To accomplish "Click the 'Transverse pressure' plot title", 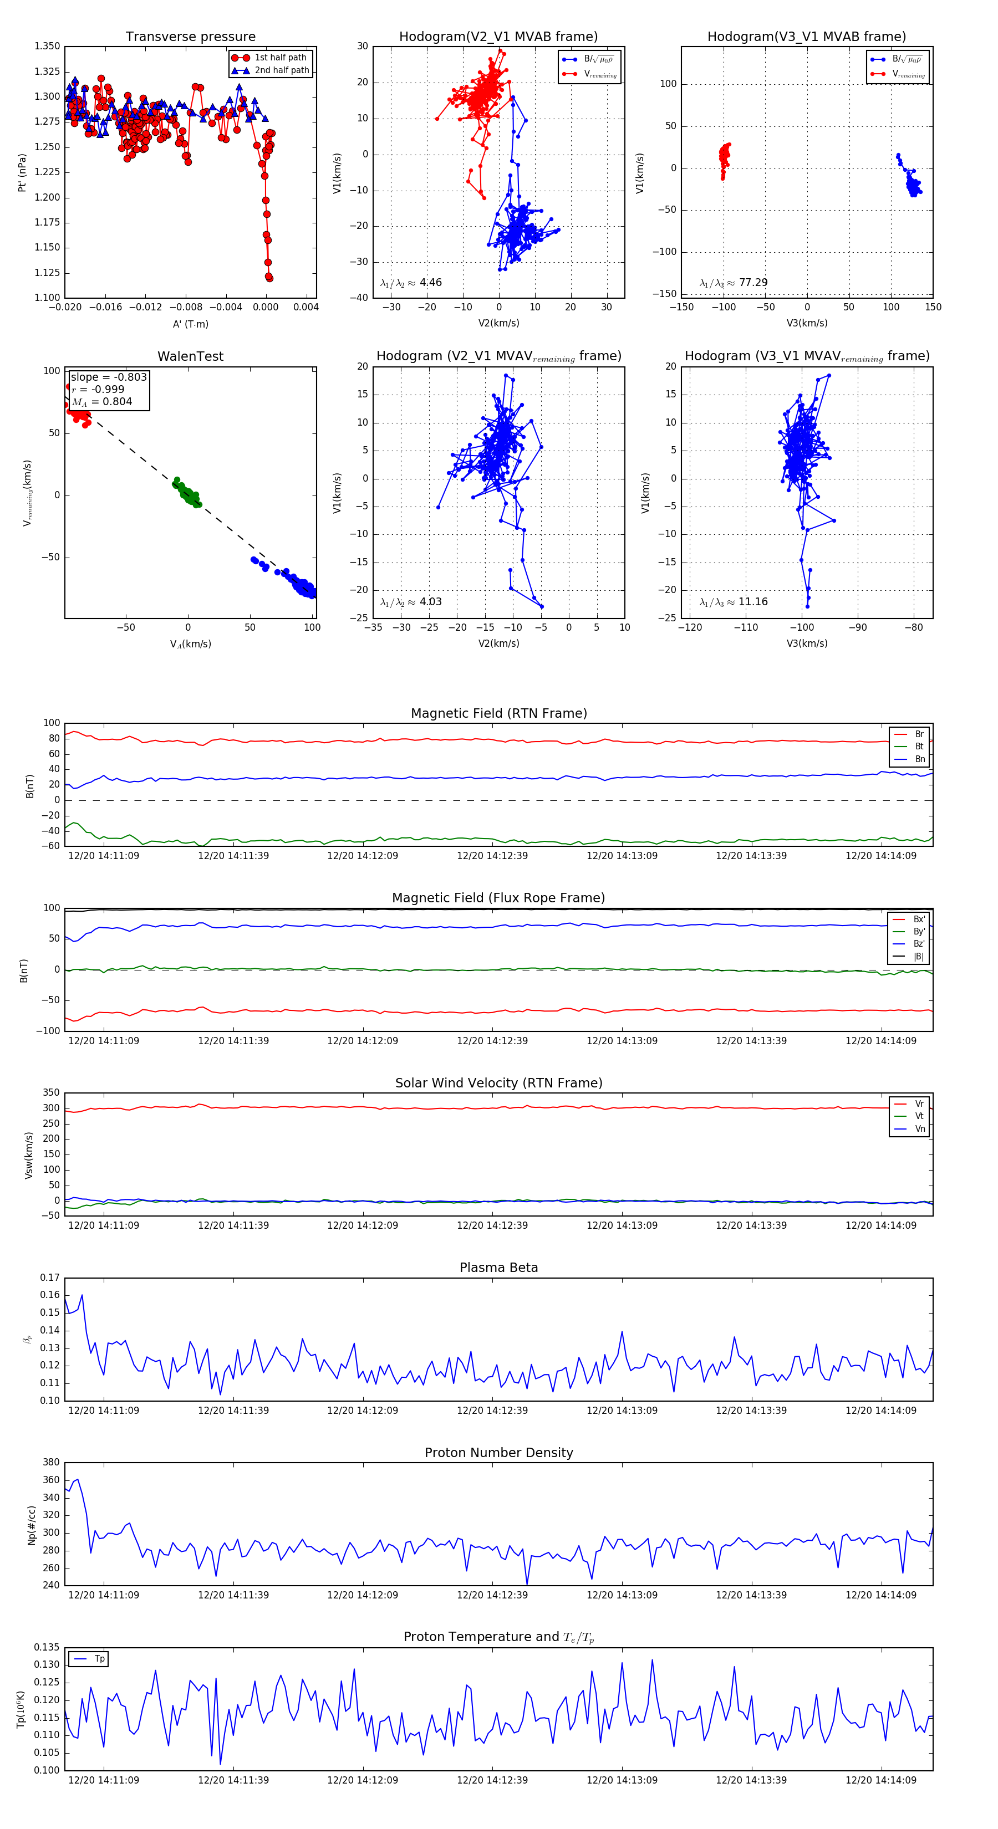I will coord(190,37).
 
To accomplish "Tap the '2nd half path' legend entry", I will coord(281,70).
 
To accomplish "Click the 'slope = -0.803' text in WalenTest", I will coord(109,377).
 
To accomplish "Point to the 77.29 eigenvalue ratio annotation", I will coord(753,283).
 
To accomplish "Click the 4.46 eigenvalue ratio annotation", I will coord(430,283).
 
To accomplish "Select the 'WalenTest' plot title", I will coord(190,356).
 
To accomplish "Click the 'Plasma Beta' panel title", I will coord(498,1268).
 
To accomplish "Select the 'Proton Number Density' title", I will coord(498,1453).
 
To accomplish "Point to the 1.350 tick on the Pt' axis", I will coord(48,46).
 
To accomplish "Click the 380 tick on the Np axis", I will coord(51,1463).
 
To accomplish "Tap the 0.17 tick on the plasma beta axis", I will coord(50,1278).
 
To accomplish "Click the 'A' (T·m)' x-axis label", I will coord(190,324).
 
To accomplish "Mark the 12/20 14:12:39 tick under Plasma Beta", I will coord(492,1410).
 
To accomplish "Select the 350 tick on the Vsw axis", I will coord(51,1093).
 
